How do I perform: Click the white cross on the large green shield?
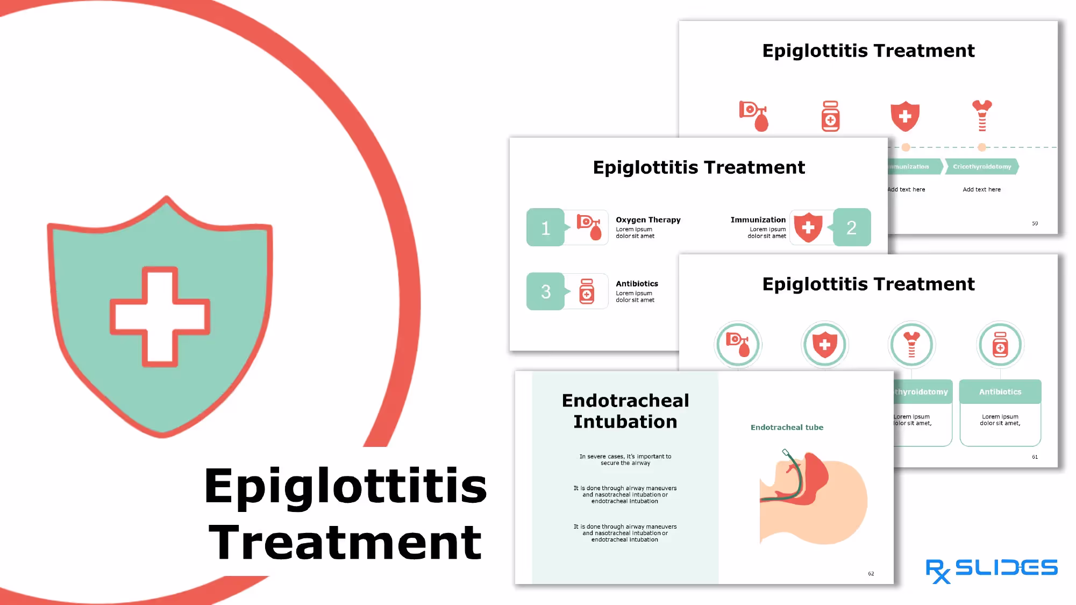pos(160,316)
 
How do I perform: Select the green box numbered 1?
pos(545,227)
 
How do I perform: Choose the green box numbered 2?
pos(851,227)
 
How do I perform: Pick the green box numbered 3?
pos(545,291)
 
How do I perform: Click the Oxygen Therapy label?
pos(648,220)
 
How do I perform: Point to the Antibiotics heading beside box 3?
pos(637,284)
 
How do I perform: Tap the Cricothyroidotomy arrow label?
pos(982,167)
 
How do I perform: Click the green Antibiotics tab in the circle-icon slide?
pos(1000,392)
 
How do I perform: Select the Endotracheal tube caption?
pos(787,428)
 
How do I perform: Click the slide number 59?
pos(1035,224)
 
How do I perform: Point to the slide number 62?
pos(871,574)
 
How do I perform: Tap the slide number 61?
pos(1035,457)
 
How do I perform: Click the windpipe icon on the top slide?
pos(982,116)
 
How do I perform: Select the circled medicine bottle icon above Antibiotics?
pos(1000,345)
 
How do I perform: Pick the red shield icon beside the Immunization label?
pos(808,227)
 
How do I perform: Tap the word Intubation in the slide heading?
pos(625,422)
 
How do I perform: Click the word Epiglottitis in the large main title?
pos(345,486)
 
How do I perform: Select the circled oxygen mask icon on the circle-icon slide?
pos(738,345)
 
